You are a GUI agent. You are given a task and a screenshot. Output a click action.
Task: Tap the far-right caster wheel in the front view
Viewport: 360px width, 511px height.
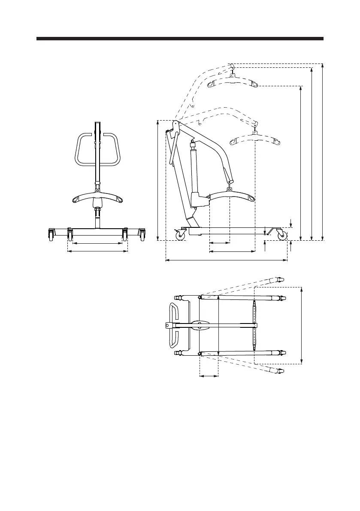click(x=142, y=235)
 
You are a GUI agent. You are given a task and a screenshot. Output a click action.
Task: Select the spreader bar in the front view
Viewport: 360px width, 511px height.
click(x=97, y=198)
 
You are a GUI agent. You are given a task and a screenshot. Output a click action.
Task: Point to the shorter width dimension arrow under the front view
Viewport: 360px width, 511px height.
click(x=97, y=243)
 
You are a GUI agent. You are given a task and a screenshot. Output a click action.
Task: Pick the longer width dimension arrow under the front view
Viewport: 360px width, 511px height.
click(x=97, y=251)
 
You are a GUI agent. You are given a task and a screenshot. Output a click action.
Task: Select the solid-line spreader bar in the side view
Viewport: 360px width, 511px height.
click(x=231, y=197)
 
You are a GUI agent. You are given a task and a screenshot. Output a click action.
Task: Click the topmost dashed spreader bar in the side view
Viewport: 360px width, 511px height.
click(x=232, y=81)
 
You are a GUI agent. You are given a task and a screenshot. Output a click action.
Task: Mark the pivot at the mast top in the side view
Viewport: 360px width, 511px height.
click(x=175, y=124)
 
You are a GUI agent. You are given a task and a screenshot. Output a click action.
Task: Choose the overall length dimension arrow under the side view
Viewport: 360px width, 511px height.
click(x=226, y=260)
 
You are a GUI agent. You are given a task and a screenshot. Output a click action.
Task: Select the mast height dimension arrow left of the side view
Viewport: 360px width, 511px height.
click(x=159, y=180)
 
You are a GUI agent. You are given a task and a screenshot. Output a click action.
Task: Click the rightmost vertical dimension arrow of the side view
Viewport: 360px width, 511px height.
click(x=322, y=150)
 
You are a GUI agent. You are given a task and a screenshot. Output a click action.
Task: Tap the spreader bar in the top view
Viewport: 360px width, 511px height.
click(x=254, y=326)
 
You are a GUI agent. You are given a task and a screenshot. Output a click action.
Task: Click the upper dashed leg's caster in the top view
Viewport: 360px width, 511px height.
click(x=280, y=279)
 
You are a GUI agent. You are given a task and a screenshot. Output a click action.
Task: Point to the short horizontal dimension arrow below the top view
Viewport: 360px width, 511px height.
click(x=209, y=376)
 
